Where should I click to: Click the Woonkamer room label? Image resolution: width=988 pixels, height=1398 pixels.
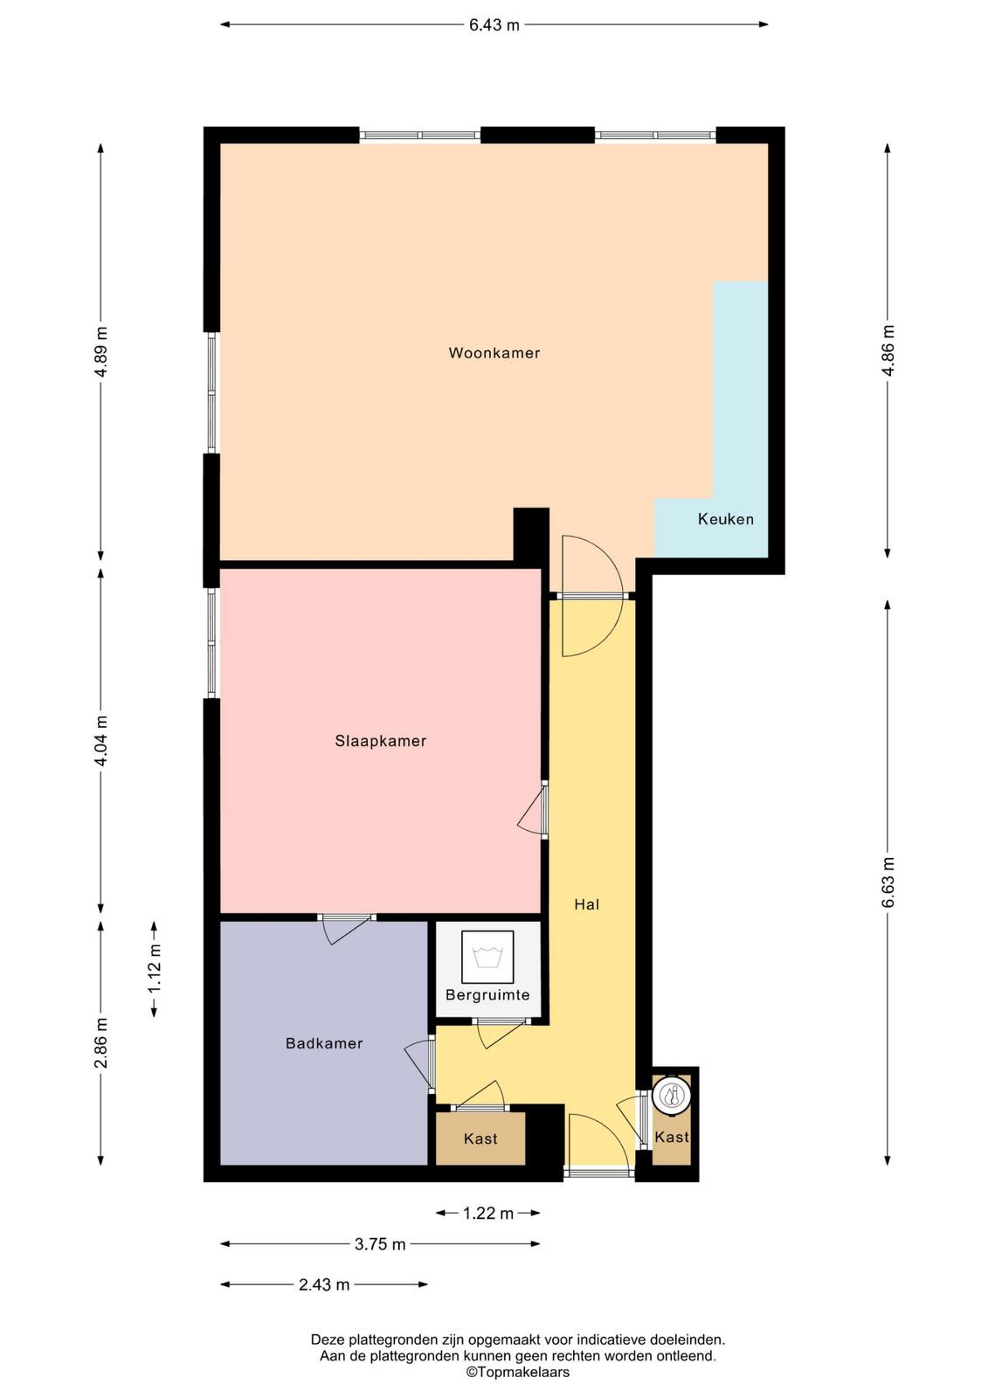click(494, 353)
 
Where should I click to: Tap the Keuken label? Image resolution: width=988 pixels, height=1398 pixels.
click(725, 519)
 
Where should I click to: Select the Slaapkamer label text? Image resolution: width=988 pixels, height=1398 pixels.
click(380, 742)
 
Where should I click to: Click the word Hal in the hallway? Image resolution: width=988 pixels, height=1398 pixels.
click(587, 904)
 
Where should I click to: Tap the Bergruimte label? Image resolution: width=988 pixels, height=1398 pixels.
click(487, 995)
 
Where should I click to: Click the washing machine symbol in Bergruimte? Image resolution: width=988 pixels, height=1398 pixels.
click(487, 956)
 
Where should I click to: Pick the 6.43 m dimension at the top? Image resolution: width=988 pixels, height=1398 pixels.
click(494, 25)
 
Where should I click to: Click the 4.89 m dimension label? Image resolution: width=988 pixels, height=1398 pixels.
click(101, 351)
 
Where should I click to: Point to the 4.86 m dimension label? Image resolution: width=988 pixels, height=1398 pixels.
click(888, 350)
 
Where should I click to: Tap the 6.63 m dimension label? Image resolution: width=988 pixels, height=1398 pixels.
click(888, 882)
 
